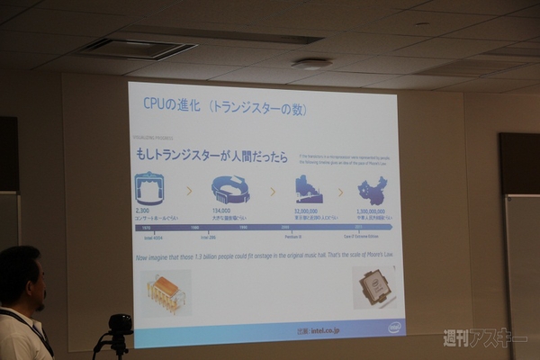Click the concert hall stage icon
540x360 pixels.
coord(148,188)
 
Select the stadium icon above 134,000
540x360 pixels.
coord(229,189)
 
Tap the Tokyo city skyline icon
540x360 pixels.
coord(309,190)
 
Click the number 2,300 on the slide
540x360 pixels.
coord(142,210)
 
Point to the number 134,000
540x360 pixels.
coord(222,211)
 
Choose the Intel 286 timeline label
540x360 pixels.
coord(207,237)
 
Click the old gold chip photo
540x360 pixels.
coord(166,292)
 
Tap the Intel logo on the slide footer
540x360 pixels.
coord(393,328)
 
